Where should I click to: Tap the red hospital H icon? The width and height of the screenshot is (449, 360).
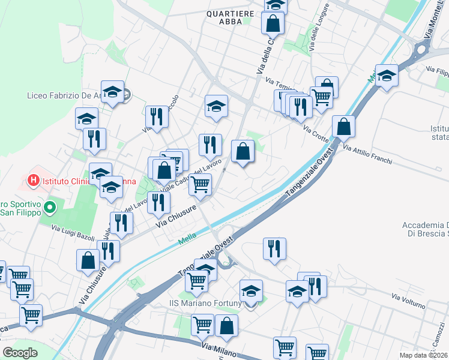tap(33, 179)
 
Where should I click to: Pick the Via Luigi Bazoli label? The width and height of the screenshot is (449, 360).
tap(73, 233)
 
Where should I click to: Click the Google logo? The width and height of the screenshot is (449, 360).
tap(20, 352)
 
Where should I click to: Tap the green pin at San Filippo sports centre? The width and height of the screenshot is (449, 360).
tap(50, 208)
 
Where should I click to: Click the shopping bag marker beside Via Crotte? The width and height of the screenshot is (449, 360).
tap(343, 127)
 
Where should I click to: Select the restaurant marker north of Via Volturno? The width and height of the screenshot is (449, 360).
tap(274, 248)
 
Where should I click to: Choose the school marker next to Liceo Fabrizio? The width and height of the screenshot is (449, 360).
tap(112, 92)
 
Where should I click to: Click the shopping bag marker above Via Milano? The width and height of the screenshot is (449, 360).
tap(226, 326)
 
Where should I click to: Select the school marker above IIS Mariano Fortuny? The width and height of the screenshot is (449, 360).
tap(251, 291)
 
